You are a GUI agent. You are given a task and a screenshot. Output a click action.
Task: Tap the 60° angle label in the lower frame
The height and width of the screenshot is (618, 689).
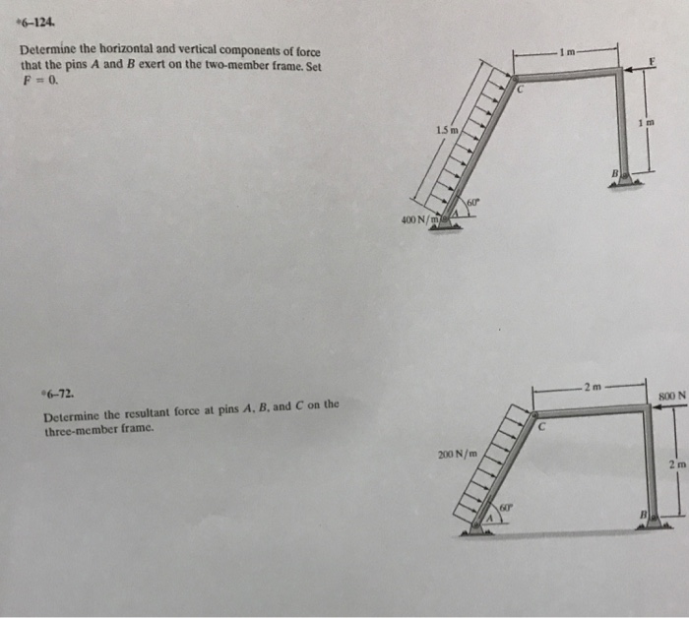pyautogui.click(x=504, y=506)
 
